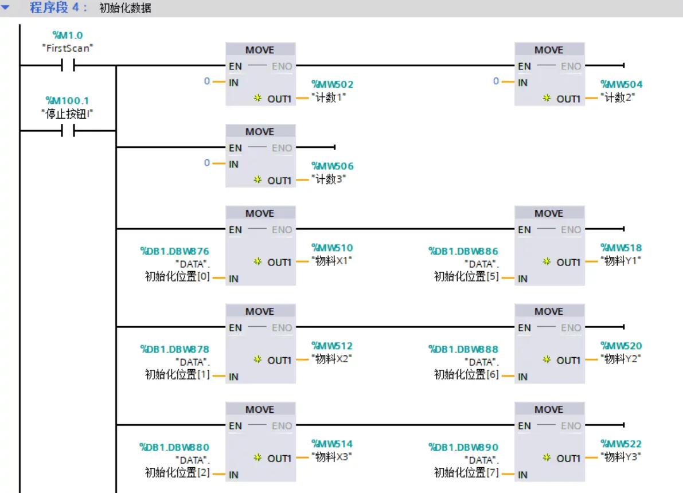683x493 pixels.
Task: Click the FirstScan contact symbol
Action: [68, 65]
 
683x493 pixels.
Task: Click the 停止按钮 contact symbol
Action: [68, 131]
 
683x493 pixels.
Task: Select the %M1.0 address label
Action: [68, 36]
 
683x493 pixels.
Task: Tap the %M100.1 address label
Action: [68, 101]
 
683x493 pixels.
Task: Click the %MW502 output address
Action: [332, 84]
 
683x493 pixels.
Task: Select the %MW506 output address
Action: [332, 166]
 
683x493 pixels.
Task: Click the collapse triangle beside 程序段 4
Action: [6, 8]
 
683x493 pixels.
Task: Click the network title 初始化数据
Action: [125, 9]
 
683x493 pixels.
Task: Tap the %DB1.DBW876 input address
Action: [174, 251]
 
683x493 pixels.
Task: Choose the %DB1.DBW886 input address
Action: [463, 251]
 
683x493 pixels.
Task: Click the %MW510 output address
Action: [332, 248]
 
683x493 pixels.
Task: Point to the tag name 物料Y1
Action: [620, 261]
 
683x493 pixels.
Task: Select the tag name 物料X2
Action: [331, 359]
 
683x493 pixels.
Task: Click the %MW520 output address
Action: [621, 346]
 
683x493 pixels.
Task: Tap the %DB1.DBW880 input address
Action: [174, 447]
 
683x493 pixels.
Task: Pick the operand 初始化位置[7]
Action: [466, 473]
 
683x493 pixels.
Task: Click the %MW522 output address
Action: [621, 444]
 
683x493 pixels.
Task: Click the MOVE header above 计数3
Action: [260, 132]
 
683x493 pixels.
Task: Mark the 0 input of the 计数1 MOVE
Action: [207, 81]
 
